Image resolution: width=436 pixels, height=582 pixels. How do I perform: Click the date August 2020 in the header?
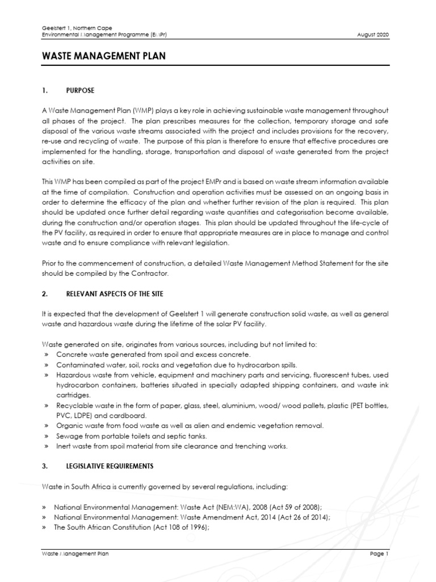374,35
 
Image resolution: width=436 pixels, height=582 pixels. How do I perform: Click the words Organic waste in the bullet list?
78,425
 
